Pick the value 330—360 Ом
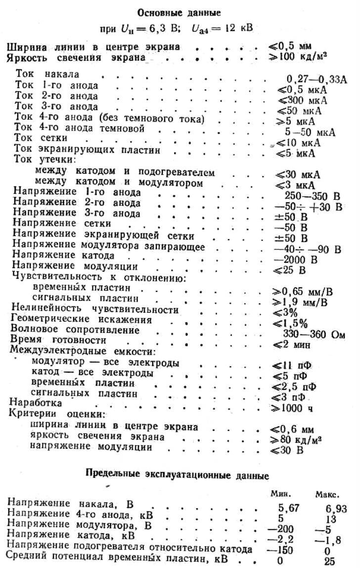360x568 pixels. coord(314,334)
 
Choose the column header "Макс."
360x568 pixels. coord(327,494)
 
